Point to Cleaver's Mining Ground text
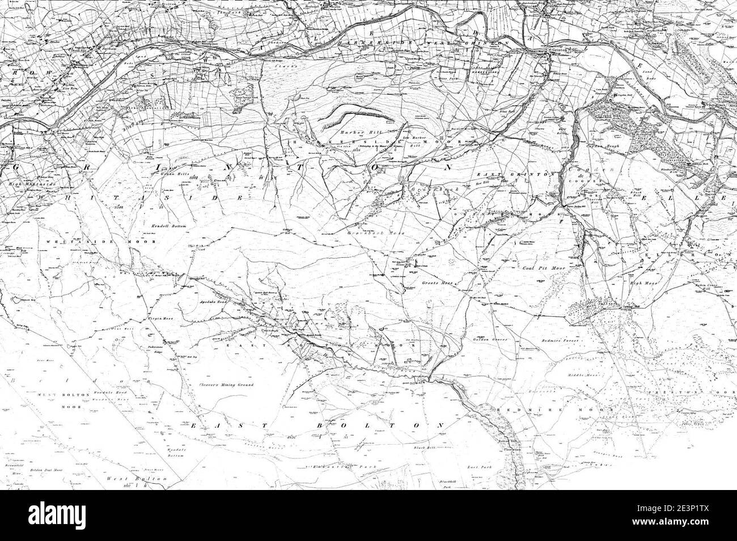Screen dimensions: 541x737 point(226,385)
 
